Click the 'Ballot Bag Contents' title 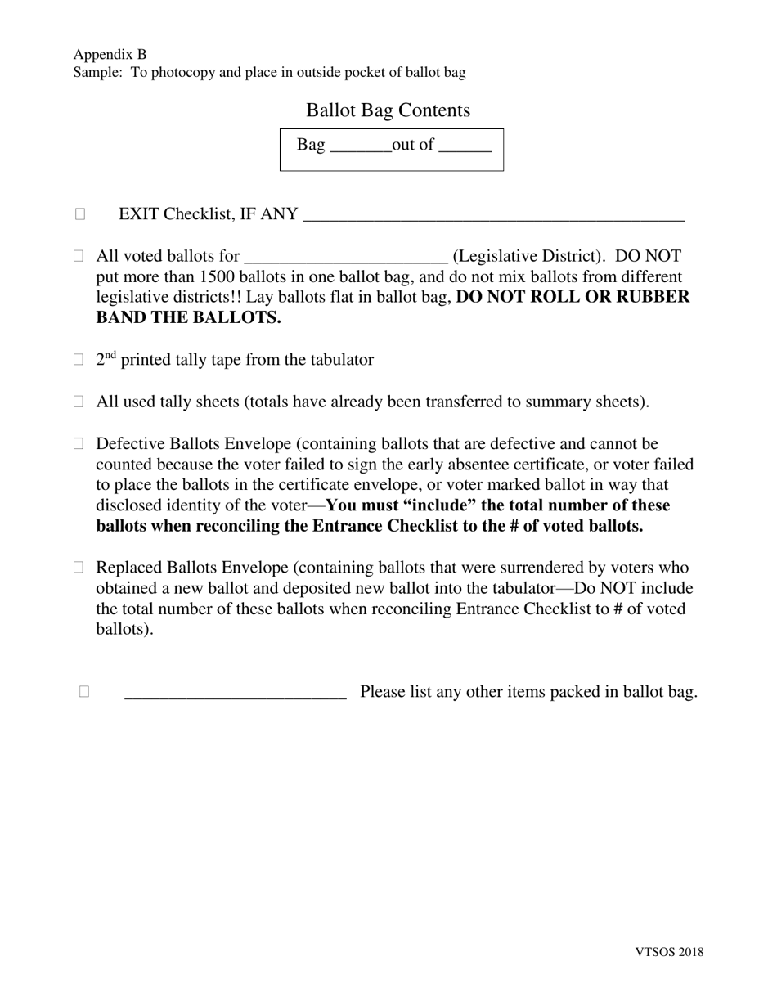[x=388, y=110]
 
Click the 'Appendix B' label [x=110, y=55]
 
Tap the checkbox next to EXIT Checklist [x=80, y=214]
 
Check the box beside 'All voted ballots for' [x=79, y=256]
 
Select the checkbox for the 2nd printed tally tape [x=79, y=359]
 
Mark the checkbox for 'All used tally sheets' [x=79, y=402]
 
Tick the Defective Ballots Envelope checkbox [x=79, y=444]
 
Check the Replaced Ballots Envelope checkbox [x=79, y=568]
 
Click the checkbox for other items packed [x=84, y=692]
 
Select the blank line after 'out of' [x=465, y=149]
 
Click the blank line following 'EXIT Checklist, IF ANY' [x=493, y=218]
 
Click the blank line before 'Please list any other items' [x=236, y=695]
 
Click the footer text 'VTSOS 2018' [x=668, y=951]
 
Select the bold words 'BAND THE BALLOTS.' [x=188, y=318]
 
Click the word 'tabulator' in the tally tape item [x=339, y=360]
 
